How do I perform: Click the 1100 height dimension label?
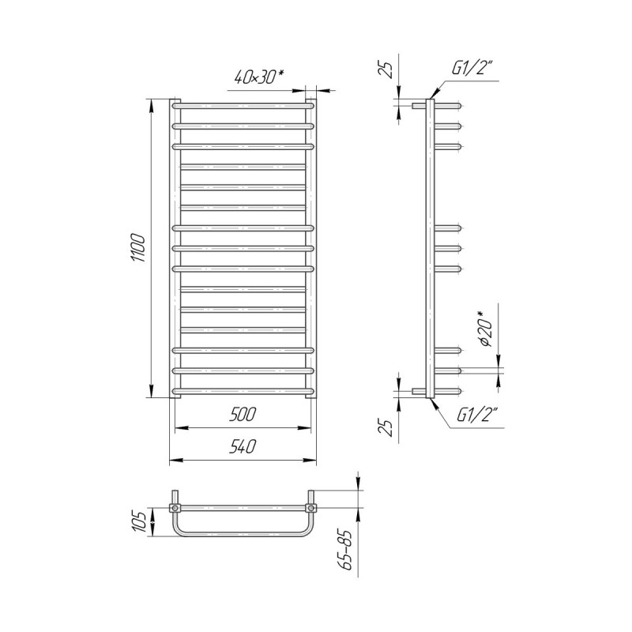point(137,248)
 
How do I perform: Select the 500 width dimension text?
point(243,414)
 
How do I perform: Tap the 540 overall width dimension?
point(243,446)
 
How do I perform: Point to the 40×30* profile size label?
point(259,77)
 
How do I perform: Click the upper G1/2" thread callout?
point(472,67)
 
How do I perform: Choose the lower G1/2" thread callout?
point(478,415)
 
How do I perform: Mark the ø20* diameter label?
point(487,329)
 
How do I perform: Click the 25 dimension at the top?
point(386,70)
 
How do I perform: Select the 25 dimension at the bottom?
point(386,427)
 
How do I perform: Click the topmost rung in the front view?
point(243,106)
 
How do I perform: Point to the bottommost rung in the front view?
point(243,391)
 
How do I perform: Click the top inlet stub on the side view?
point(419,106)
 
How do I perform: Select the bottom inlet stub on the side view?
point(419,391)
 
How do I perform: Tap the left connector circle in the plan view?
point(175,508)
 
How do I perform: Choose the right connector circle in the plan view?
point(310,508)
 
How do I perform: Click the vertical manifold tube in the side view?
point(431,248)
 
